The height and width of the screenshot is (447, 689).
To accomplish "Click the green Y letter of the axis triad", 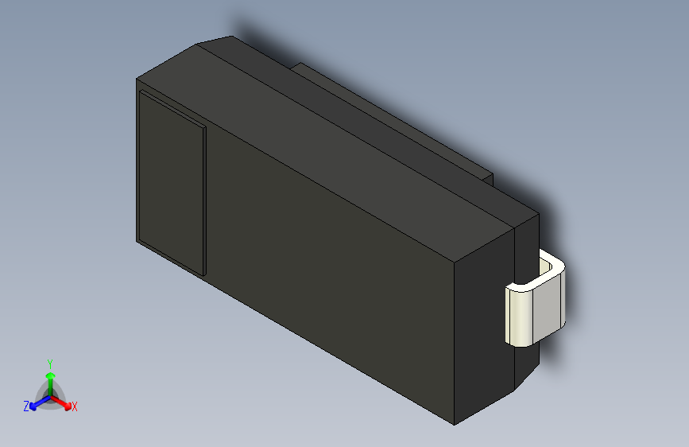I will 49,362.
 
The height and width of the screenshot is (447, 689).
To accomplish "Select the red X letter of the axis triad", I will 75,406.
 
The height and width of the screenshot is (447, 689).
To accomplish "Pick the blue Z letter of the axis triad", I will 26,406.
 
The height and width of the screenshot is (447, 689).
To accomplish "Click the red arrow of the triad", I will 64,400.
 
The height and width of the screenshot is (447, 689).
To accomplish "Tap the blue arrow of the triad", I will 37,402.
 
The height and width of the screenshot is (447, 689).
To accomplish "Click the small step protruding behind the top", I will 397,119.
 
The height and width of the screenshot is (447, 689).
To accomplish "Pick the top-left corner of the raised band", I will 141,91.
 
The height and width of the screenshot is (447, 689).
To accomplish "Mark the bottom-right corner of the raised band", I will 204,274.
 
